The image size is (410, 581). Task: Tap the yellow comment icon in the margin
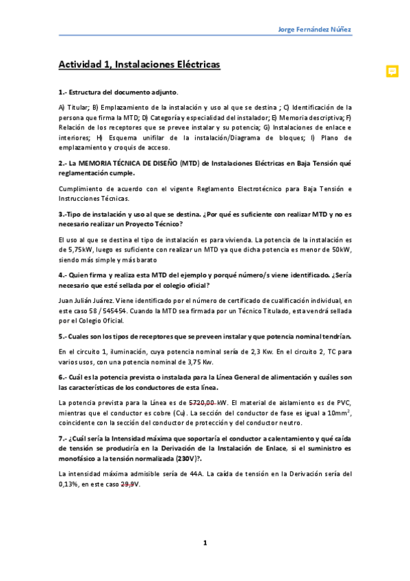pos(392,71)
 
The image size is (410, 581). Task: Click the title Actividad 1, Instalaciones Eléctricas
pos(139,64)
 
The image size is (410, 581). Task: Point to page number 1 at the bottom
pos(205,543)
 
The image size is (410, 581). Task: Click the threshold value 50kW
pos(339,250)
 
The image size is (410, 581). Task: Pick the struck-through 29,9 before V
pos(127,483)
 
